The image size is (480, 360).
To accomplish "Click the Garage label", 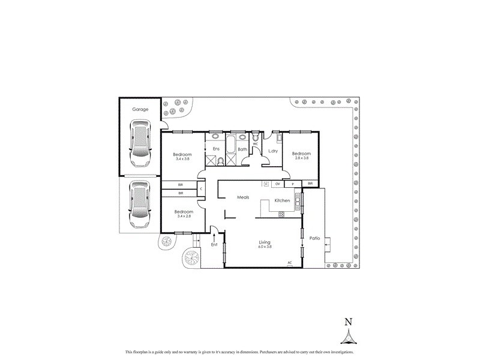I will tap(140, 110).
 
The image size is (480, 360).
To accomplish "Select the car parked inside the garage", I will tap(140, 145).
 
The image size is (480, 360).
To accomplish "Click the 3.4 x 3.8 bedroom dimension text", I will tap(183, 158).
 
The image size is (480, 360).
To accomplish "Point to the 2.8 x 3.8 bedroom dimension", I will tap(301, 158).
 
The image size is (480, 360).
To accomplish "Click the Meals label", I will tap(243, 197).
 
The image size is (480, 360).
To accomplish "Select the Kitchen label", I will tap(282, 200).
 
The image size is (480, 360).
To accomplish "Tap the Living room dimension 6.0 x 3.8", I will tap(265, 247).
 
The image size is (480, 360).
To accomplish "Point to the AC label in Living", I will tap(289, 262).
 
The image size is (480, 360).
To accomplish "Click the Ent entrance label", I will tap(214, 244).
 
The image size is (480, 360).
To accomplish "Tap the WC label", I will tap(256, 144).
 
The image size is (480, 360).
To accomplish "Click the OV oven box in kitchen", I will tap(278, 184).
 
